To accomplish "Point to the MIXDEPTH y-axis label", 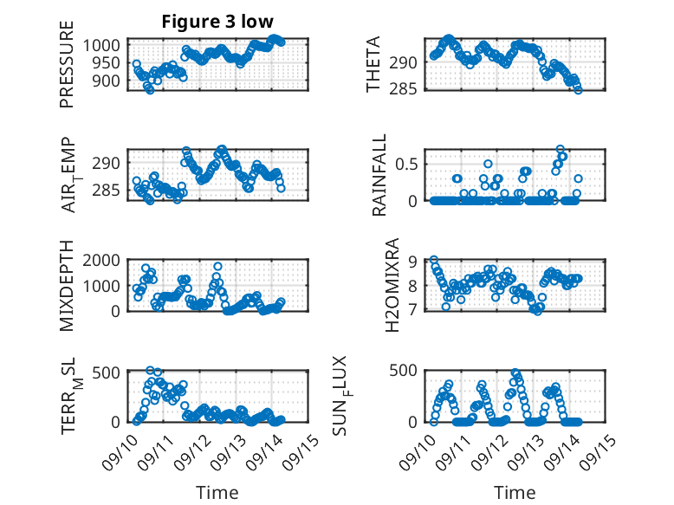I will coord(67,287).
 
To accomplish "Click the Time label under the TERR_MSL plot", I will coord(217,492).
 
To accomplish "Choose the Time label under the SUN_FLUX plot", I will coord(515,492).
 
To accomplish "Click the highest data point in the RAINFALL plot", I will coord(561,149).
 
